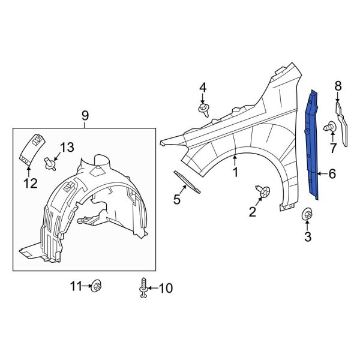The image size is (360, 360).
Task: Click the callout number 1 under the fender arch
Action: point(235,173)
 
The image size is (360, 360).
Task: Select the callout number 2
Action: point(253,211)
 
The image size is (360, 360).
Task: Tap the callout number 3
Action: point(307,237)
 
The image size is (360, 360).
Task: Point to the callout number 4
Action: point(203,88)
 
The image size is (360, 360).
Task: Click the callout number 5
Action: point(177,200)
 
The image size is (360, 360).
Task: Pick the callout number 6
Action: point(332,174)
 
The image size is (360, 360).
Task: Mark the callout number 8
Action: point(338,86)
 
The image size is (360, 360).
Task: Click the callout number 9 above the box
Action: point(85,115)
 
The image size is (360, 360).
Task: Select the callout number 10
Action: point(165,289)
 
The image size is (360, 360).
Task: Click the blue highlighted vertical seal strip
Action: point(315,144)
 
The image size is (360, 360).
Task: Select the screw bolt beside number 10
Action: point(144,288)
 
